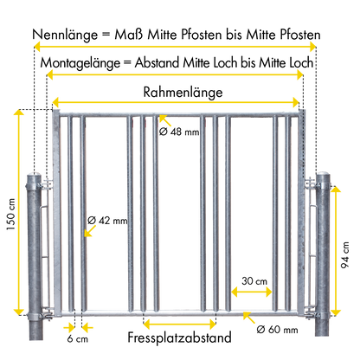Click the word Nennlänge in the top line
click(x=65, y=35)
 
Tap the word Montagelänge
click(x=80, y=63)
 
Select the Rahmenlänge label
click(x=183, y=93)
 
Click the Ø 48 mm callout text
click(x=179, y=132)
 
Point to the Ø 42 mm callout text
click(x=107, y=221)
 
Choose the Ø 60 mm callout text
click(x=277, y=329)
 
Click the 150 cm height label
click(x=11, y=215)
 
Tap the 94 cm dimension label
click(x=344, y=255)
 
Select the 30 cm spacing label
click(x=254, y=280)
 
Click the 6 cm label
click(x=77, y=338)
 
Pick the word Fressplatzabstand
click(x=179, y=337)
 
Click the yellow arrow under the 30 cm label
click(x=252, y=292)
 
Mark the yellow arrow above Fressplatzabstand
click(x=179, y=324)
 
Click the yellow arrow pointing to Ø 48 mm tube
click(x=165, y=121)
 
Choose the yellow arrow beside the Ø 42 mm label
click(x=90, y=231)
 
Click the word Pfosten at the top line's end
click(x=300, y=35)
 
